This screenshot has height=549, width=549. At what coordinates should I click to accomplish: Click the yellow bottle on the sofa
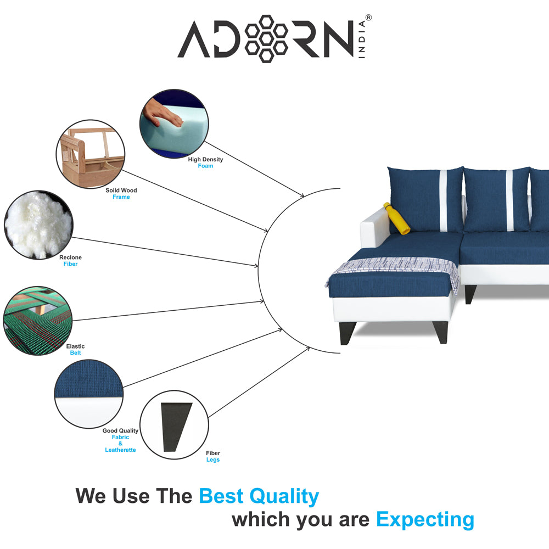pos(396,219)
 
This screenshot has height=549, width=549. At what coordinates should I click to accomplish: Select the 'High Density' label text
pos(205,159)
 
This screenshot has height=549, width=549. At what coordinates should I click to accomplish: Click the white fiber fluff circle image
pos(37,225)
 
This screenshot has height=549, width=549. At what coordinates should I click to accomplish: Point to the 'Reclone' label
pos(70,257)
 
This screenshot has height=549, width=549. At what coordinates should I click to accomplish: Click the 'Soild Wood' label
pos(121,191)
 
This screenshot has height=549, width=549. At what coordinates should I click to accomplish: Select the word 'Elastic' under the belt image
pos(75,346)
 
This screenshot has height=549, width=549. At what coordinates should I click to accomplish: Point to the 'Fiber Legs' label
pos(213,456)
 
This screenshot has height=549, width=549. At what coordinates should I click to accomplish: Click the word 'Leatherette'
pos(120,450)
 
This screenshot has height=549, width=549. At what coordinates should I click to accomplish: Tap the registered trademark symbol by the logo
pos(368,18)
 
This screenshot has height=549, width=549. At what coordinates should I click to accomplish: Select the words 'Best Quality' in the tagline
pos(259,496)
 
